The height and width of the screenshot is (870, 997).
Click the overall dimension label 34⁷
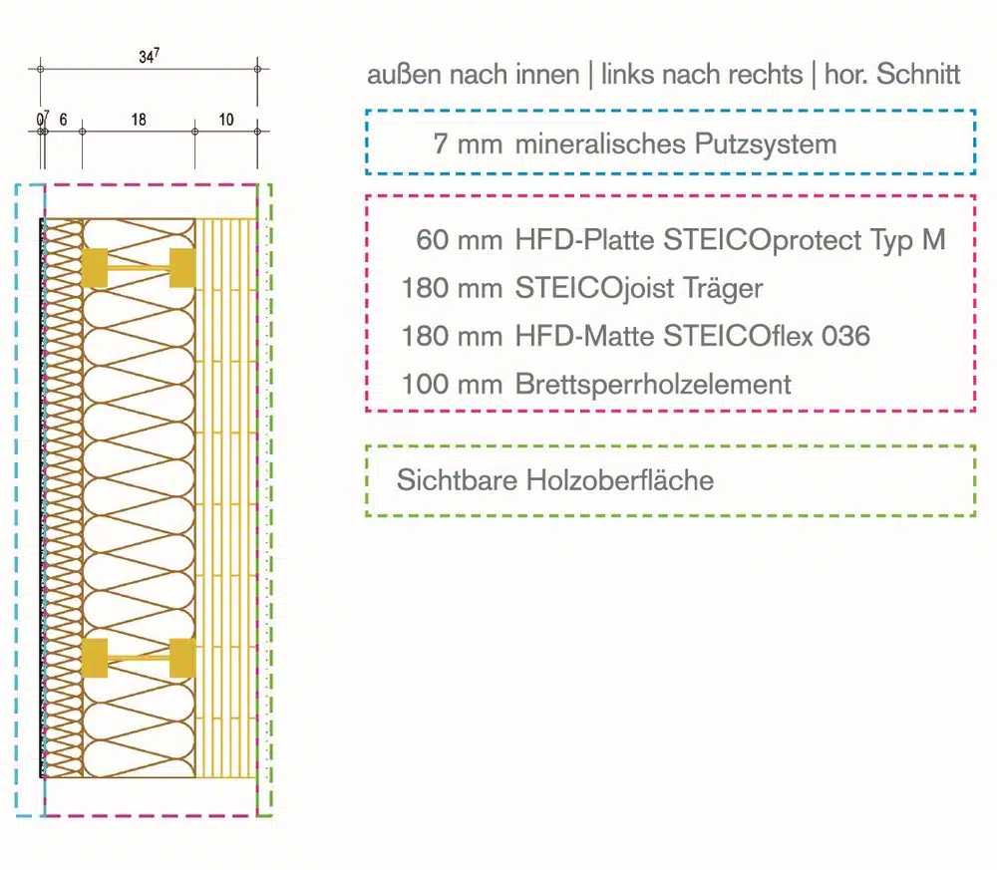(x=149, y=56)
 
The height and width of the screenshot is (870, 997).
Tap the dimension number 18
(x=139, y=120)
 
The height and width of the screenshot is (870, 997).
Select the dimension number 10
(x=225, y=120)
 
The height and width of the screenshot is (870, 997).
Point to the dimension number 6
(x=63, y=120)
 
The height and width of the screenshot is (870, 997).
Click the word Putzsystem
(x=765, y=145)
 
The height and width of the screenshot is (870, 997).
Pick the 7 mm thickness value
(x=468, y=145)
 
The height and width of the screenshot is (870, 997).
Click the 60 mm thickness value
(x=459, y=240)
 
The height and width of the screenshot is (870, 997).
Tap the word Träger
(x=723, y=288)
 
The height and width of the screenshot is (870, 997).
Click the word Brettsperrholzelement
(x=653, y=384)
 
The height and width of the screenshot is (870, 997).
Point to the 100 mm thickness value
(x=452, y=384)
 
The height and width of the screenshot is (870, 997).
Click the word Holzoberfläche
(x=620, y=479)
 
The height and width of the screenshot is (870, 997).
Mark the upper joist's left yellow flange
(x=95, y=268)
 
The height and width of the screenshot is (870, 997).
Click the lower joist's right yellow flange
(x=182, y=658)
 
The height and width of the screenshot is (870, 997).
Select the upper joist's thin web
(x=139, y=268)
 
